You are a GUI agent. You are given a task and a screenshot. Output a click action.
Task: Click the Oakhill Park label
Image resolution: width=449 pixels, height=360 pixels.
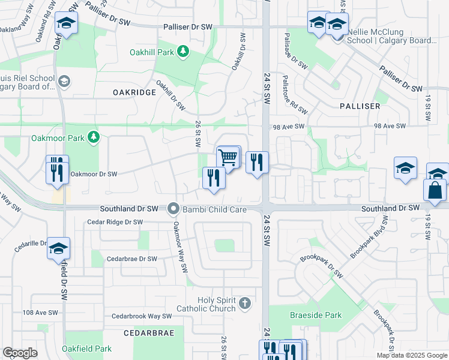[152, 52]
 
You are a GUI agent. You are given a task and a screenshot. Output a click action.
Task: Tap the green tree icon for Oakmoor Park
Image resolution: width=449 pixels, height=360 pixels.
[93, 138]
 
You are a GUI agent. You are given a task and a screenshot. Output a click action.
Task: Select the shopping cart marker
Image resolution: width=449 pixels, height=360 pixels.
[228, 158]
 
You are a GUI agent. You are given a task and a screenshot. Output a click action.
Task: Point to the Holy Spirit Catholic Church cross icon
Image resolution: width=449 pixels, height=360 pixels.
[244, 303]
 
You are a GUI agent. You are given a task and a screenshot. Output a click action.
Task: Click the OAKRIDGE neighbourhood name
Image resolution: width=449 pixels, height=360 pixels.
[134, 92]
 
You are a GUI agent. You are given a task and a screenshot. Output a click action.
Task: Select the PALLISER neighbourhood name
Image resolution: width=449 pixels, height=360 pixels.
[360, 106]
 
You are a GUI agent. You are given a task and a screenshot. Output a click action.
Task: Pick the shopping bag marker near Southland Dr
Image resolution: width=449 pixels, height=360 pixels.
[435, 191]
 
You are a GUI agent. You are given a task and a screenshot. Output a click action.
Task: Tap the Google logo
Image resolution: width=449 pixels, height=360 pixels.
[20, 353]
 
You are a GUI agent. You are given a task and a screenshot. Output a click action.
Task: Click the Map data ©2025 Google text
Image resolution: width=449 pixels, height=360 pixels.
[412, 355]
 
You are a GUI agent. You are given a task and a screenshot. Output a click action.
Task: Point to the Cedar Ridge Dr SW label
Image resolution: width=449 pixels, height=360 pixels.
[115, 222]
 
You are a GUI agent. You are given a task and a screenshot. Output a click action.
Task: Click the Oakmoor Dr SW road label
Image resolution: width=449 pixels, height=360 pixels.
[93, 174]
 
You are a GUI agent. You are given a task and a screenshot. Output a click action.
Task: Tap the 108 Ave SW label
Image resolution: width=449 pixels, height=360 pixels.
[40, 313]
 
